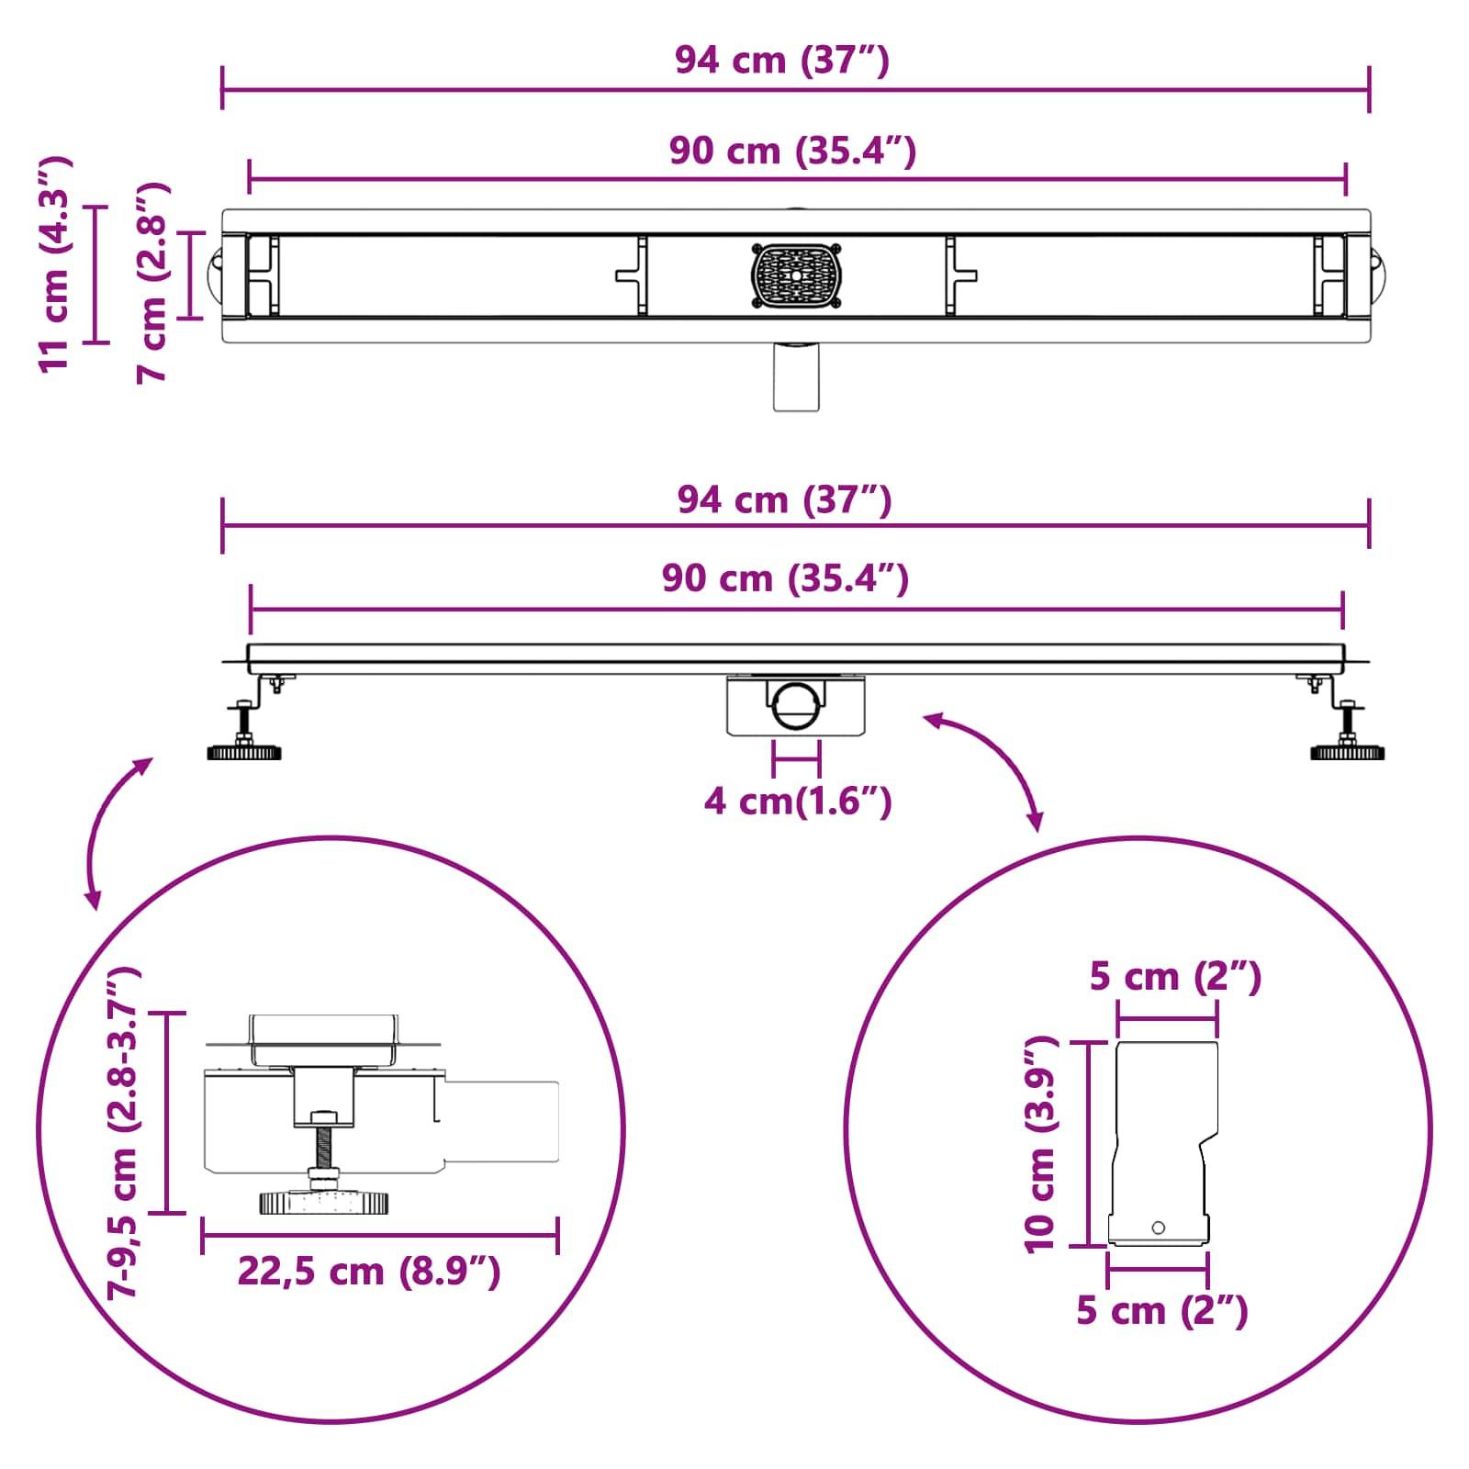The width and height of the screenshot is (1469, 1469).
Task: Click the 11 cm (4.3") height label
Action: [x=55, y=264]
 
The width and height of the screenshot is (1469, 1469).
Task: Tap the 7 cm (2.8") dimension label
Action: [x=152, y=281]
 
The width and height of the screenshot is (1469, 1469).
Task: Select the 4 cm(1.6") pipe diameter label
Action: [x=797, y=802]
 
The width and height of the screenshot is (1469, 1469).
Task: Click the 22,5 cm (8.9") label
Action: [x=369, y=1272]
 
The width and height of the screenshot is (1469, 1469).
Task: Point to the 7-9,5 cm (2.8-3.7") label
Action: [x=121, y=1131]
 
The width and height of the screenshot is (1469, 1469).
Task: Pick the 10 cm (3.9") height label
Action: [x=1041, y=1144]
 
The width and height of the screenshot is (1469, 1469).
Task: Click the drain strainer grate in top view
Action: [x=796, y=275]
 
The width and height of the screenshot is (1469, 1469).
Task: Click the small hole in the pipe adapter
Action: [x=1158, y=1228]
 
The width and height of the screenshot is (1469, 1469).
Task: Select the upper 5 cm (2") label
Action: [x=1174, y=977]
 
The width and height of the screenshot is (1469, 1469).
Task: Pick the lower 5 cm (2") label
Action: [x=1161, y=1311]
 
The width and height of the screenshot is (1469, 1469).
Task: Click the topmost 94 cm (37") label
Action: [x=781, y=61]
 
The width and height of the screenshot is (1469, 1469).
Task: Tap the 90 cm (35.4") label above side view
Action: [x=785, y=579]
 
